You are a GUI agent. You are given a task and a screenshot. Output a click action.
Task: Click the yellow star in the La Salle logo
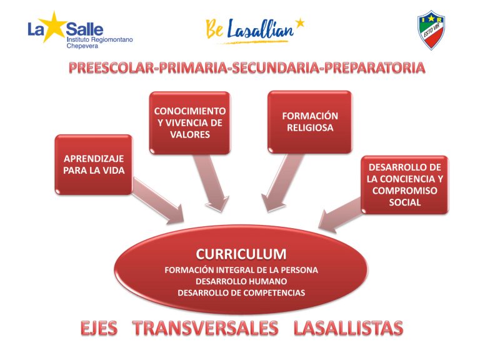coord(52,27)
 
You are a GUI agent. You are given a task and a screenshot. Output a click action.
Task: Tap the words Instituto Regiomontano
coord(100,39)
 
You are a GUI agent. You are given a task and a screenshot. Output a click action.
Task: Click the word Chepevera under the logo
coord(82,46)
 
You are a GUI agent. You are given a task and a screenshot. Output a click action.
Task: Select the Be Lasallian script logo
coord(255,31)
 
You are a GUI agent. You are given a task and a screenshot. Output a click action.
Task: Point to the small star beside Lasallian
coord(300,22)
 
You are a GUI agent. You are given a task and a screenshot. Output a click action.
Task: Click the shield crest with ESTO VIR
coord(431,30)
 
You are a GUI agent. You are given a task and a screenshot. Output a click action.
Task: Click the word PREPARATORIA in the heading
coord(375,68)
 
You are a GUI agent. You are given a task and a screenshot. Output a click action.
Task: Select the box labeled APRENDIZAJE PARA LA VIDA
coord(94,165)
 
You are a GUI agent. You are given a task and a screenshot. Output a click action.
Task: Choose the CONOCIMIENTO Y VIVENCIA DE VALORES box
coord(190,122)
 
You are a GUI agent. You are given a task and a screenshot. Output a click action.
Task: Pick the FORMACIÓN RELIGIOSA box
coord(310,122)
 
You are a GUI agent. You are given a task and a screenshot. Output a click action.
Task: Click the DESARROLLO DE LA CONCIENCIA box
coord(405,184)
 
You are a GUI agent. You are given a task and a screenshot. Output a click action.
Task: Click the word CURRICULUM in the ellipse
coord(241,254)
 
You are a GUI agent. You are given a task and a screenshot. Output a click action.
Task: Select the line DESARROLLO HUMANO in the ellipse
coord(241,281)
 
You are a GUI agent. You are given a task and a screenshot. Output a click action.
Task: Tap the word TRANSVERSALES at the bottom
coord(205,328)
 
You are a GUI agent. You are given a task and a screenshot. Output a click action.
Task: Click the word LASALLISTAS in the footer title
coord(348,328)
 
